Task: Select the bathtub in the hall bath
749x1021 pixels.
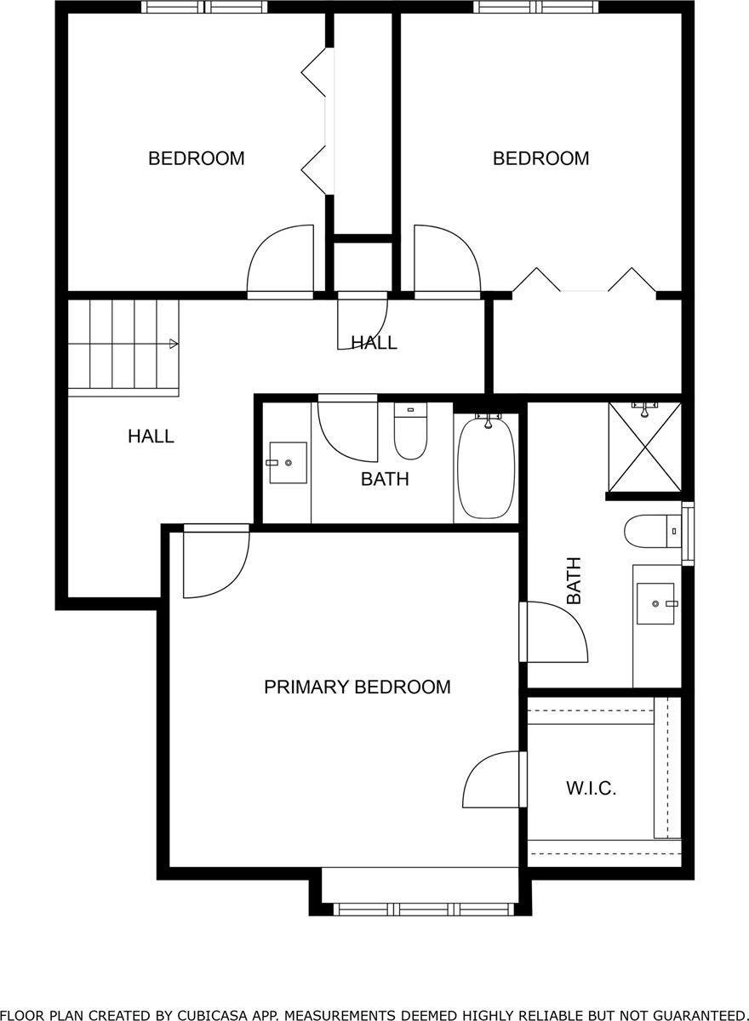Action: click(x=486, y=467)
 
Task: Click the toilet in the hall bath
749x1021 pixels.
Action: click(x=410, y=431)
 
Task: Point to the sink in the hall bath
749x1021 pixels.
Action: click(x=288, y=462)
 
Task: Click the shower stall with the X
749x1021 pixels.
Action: click(x=644, y=448)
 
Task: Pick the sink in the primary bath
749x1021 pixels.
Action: click(x=656, y=603)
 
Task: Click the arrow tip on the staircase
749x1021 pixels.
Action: click(x=177, y=344)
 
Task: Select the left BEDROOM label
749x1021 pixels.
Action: click(x=197, y=158)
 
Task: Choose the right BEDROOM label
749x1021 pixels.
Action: click(x=541, y=158)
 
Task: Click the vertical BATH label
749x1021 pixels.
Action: click(x=574, y=580)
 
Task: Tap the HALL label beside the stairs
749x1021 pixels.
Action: click(x=151, y=436)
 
